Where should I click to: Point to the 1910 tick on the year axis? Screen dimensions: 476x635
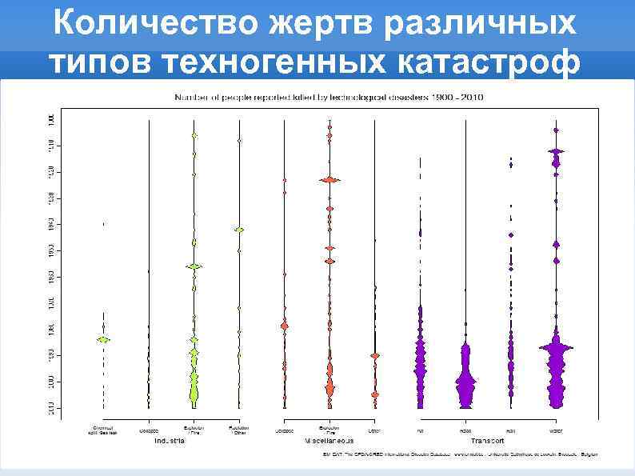(x=51, y=144)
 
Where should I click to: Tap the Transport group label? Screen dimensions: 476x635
(x=487, y=440)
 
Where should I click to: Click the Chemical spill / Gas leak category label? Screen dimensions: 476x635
(x=102, y=430)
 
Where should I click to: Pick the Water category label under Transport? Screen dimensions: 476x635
(x=556, y=430)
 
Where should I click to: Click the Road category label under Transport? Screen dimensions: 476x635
(x=465, y=430)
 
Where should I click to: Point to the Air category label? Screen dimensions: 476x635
(x=420, y=430)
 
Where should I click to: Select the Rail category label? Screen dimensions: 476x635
(x=510, y=430)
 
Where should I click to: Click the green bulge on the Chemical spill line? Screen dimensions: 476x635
(x=102, y=339)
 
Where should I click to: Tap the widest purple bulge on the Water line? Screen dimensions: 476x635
(x=556, y=347)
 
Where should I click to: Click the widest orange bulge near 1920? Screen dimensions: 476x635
(x=329, y=180)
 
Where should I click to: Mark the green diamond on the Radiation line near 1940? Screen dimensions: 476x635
(x=238, y=230)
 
